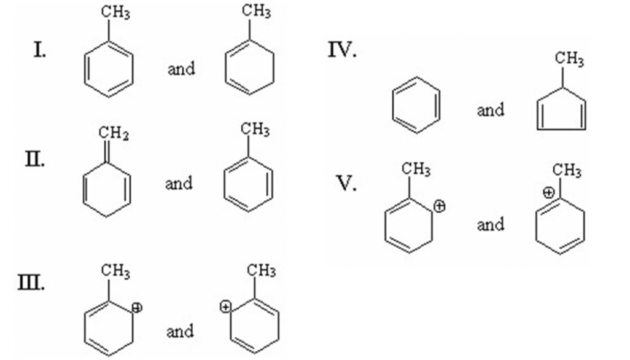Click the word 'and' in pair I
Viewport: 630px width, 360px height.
coord(181,69)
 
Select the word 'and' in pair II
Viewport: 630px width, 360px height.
coord(178,183)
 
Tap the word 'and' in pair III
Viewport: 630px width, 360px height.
coord(180,332)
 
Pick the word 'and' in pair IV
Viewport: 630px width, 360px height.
coord(491,111)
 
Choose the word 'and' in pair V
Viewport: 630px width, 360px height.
coord(491,225)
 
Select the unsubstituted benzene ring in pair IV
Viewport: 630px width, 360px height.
coord(416,104)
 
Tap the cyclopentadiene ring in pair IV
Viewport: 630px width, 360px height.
coord(561,111)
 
